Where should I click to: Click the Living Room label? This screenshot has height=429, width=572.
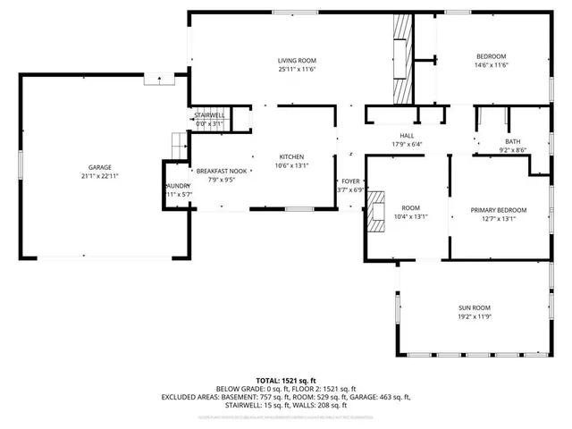(x=297, y=60)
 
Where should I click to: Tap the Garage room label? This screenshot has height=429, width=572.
(x=99, y=167)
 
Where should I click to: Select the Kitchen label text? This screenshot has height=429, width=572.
(x=292, y=155)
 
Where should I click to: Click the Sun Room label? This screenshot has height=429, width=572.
(x=475, y=307)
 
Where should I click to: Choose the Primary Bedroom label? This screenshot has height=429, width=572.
(x=499, y=210)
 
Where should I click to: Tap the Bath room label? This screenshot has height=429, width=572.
(x=512, y=141)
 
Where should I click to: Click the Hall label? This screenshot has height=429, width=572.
(x=407, y=135)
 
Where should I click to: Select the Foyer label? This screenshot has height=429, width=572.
(x=349, y=179)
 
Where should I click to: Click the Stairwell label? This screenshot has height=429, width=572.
(x=209, y=115)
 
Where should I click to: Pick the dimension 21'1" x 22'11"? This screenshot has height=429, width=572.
(x=99, y=176)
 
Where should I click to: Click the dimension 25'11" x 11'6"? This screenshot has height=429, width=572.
(x=297, y=69)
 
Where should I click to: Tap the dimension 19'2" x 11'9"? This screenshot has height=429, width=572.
(x=475, y=316)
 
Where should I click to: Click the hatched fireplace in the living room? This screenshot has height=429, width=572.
(x=402, y=61)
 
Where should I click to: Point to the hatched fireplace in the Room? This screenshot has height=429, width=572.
(x=379, y=211)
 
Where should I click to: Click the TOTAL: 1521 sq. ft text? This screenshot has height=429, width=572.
(x=285, y=380)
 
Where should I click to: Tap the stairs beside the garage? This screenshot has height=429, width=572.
(x=179, y=142)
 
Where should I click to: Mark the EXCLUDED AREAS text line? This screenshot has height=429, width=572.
(x=285, y=397)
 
